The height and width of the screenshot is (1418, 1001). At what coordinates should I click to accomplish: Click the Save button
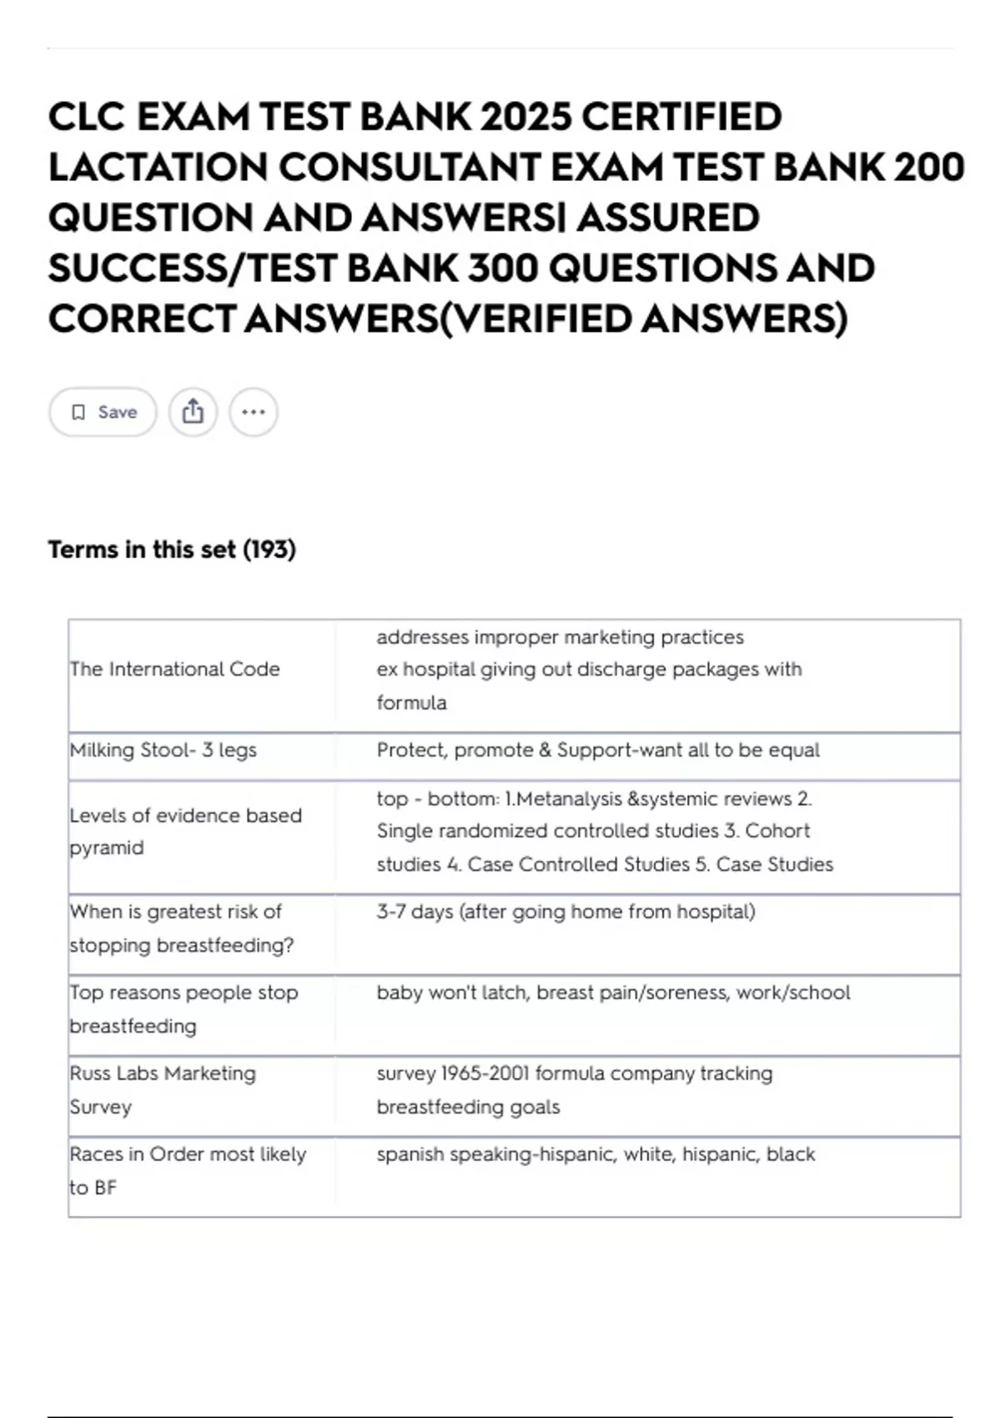(103, 412)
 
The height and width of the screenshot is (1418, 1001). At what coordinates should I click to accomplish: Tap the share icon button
(193, 412)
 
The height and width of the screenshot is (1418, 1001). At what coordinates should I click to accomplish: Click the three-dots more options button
(254, 412)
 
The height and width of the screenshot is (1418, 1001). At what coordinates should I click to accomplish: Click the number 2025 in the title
(526, 117)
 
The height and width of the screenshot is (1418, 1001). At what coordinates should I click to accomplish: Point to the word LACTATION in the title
(156, 168)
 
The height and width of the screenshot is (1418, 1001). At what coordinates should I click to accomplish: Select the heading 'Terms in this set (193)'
(172, 550)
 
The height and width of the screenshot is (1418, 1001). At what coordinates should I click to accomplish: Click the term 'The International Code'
(175, 669)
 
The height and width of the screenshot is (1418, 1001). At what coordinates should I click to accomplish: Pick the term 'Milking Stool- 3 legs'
(163, 750)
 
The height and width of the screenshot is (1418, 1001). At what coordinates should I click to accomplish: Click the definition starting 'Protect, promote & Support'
(598, 750)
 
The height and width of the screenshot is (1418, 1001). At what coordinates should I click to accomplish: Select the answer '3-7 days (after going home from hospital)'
(566, 912)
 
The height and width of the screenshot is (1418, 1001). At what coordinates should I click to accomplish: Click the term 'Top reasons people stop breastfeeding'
(184, 1009)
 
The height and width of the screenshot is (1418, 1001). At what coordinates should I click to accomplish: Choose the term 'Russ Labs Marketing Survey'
(163, 1090)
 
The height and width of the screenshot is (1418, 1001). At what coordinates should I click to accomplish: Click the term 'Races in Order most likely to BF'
(188, 1170)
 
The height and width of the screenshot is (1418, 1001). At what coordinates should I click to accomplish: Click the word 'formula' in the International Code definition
(411, 703)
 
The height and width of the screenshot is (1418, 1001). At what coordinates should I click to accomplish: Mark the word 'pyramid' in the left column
(107, 848)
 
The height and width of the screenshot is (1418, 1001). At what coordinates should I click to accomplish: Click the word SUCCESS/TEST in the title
(191, 269)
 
